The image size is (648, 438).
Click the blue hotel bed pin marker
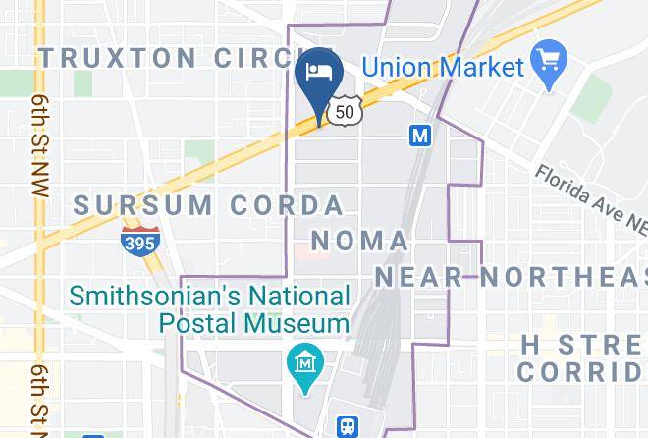pos(319,76)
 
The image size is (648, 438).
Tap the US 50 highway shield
pos(343,112)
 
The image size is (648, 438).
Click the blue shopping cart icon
pos(545,56)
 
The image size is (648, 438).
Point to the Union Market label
pos(442,68)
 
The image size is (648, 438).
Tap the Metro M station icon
pos(420,137)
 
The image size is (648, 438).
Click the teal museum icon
pos(305,363)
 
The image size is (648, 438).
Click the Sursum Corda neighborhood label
pos(209,205)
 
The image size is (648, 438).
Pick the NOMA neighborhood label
pos(358,241)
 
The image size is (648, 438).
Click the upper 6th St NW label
pos(39,147)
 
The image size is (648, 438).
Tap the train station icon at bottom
pos(348,426)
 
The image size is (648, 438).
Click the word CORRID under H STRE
pos(581,372)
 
